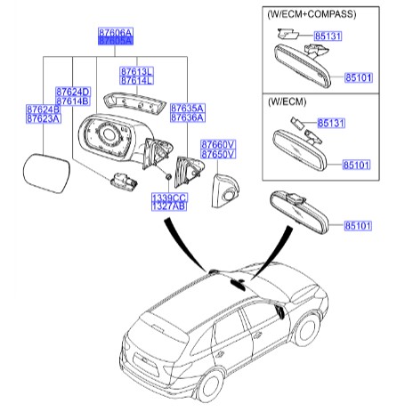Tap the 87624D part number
73,93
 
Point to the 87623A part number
43,120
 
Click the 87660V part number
217,144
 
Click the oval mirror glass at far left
43,169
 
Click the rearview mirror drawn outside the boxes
302,212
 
